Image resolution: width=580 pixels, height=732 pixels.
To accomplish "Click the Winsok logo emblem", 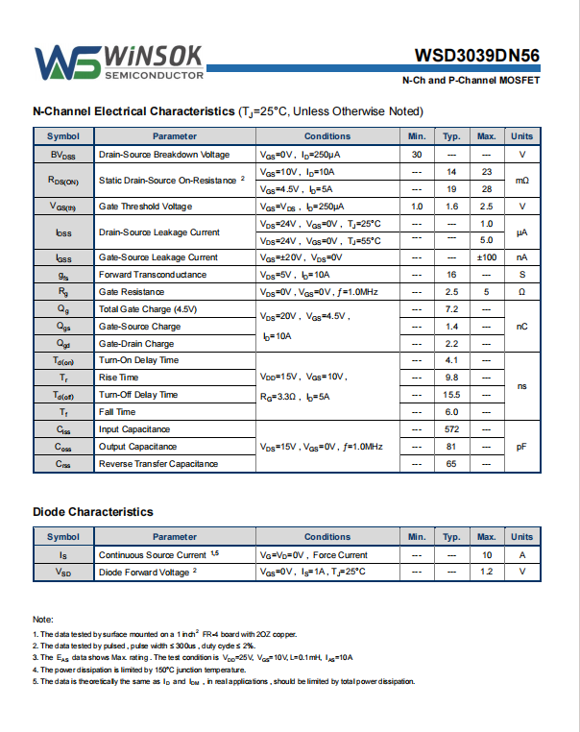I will tap(67, 61).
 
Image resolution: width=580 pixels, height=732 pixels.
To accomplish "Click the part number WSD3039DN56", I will tap(477, 56).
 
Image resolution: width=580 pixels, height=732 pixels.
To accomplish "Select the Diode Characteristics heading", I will tap(92, 512).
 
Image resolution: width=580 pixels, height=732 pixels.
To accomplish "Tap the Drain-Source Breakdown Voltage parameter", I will tap(164, 155).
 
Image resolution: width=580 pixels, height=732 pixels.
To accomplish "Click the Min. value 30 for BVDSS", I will tap(417, 155).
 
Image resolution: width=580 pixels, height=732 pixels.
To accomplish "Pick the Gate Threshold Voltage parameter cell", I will tap(145, 207).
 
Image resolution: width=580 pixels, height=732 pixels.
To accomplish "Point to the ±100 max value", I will tap(486, 257).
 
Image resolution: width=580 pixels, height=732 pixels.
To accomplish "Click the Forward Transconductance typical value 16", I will tap(451, 275).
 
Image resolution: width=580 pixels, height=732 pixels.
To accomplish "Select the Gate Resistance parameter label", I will tap(132, 292).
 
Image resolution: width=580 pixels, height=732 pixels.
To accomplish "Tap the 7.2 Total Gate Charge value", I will tap(451, 309).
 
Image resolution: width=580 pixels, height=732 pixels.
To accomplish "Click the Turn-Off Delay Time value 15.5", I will tap(451, 395).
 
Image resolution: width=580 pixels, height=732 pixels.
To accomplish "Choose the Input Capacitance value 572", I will tap(451, 429).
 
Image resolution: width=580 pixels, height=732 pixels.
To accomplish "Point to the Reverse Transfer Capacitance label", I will tap(158, 464).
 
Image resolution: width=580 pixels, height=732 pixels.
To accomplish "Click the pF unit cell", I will tap(522, 447).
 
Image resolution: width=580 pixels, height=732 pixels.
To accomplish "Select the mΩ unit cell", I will tap(522, 181).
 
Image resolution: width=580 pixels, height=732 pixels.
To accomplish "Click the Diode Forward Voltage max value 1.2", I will tap(486, 572).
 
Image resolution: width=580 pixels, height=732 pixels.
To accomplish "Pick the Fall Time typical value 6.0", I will tap(451, 412).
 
